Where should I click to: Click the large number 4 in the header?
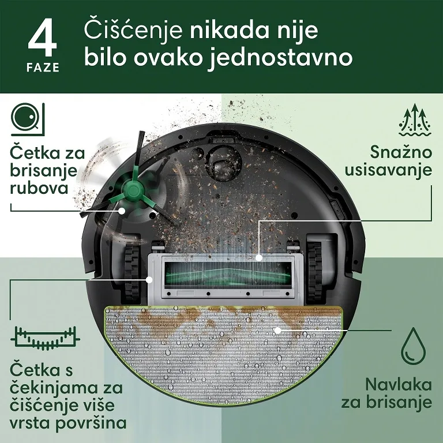click(x=42, y=37)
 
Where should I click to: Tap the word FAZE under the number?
click(x=43, y=67)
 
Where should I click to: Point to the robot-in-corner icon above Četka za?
click(x=28, y=119)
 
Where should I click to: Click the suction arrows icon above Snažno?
click(x=415, y=119)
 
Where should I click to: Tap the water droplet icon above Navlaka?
click(x=414, y=346)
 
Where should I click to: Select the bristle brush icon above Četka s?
click(x=45, y=338)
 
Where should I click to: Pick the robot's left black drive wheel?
click(x=133, y=272)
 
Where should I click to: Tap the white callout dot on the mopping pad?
click(x=277, y=330)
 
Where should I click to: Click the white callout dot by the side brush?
click(x=122, y=211)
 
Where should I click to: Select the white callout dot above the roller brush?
click(x=259, y=258)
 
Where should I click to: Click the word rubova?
click(x=39, y=187)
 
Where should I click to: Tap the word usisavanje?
click(x=388, y=170)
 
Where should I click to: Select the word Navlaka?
click(x=399, y=385)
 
